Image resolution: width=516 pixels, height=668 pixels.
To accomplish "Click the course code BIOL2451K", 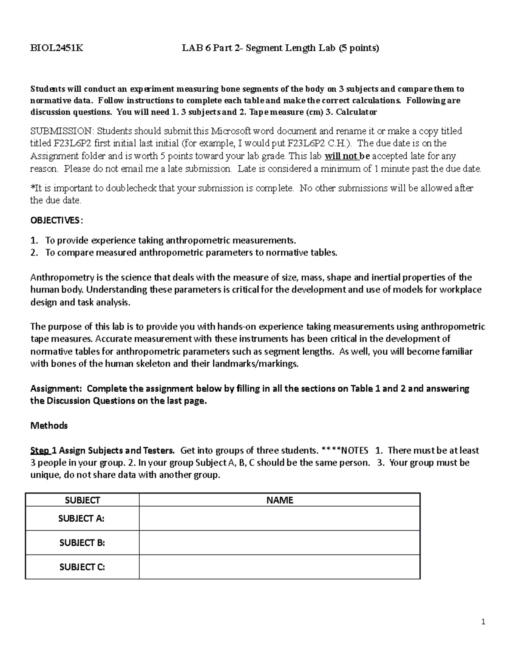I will coord(57,48).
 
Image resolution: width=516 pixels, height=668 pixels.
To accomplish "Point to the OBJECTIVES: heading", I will coord(55,220).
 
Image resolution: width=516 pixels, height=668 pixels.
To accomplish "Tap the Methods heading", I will coord(49,425).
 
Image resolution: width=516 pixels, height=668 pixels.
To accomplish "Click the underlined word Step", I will coord(40,450).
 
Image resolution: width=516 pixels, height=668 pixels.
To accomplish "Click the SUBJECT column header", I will coord(82,500).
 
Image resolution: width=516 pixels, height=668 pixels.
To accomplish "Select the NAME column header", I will coord(279,500).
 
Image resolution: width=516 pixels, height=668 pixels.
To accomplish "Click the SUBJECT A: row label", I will coord(82,518).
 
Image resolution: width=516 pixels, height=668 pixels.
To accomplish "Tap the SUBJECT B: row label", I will coord(82,542).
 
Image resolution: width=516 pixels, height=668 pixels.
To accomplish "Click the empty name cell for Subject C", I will coord(279,567).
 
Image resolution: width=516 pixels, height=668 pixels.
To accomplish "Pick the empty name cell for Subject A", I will coord(279,518).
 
